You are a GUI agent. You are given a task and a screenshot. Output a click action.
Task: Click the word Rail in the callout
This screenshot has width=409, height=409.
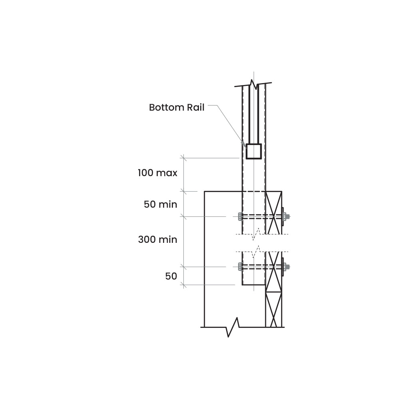(x=196, y=107)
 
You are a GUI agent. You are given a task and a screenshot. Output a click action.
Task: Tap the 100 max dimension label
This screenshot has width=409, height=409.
(x=157, y=173)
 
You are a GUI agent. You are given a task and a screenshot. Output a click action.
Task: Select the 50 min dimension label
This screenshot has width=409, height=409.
(x=161, y=204)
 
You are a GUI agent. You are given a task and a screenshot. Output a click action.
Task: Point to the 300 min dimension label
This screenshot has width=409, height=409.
(x=157, y=240)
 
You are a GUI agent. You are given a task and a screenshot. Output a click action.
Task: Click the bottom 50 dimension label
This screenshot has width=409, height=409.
(x=171, y=276)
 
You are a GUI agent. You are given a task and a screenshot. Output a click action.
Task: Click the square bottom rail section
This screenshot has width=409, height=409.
(x=254, y=151)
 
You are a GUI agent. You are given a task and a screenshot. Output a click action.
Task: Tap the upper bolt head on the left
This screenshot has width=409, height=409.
(x=240, y=216)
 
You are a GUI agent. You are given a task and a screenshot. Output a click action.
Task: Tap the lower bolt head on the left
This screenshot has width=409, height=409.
(x=240, y=267)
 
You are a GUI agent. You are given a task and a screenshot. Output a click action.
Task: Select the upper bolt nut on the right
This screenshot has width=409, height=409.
(x=287, y=216)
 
